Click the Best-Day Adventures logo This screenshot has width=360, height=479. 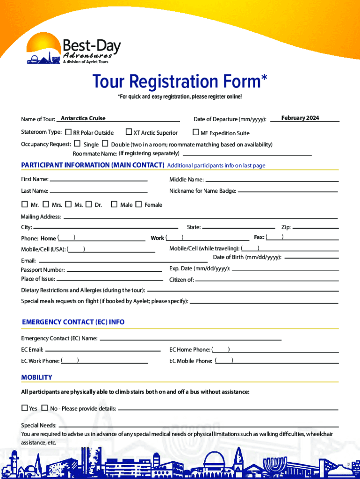[74, 49]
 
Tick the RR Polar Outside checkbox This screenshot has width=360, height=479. [68, 132]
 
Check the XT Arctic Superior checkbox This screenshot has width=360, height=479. [129, 132]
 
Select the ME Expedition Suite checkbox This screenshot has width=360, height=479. [196, 132]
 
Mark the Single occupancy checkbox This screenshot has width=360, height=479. [77, 144]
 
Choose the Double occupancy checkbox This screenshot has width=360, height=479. [105, 144]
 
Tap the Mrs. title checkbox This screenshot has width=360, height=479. [46, 204]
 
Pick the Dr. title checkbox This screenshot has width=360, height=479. [89, 204]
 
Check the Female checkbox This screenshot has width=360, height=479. [138, 204]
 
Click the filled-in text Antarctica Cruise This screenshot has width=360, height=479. [83, 118]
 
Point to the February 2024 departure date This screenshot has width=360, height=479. [300, 118]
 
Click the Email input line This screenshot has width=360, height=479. [122, 261]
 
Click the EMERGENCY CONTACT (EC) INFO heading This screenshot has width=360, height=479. [73, 322]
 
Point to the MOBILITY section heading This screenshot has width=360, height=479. [36, 377]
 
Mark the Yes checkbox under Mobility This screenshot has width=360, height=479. [25, 408]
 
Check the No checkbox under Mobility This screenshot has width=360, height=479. [44, 408]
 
